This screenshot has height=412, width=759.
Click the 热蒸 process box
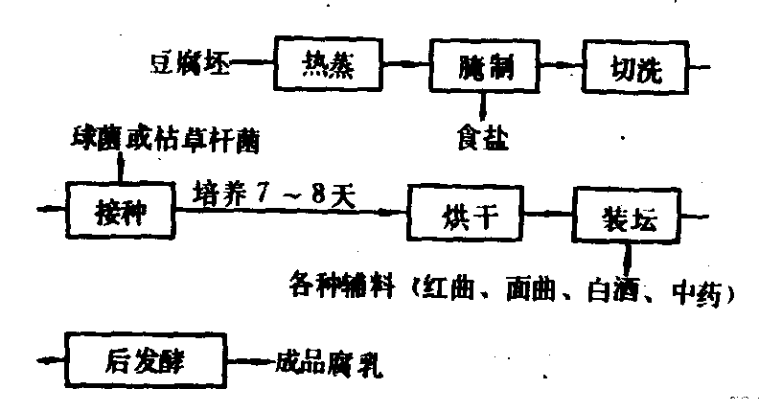[321, 65]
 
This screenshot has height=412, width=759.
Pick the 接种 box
[119, 207]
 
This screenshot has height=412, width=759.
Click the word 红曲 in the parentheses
[440, 287]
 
